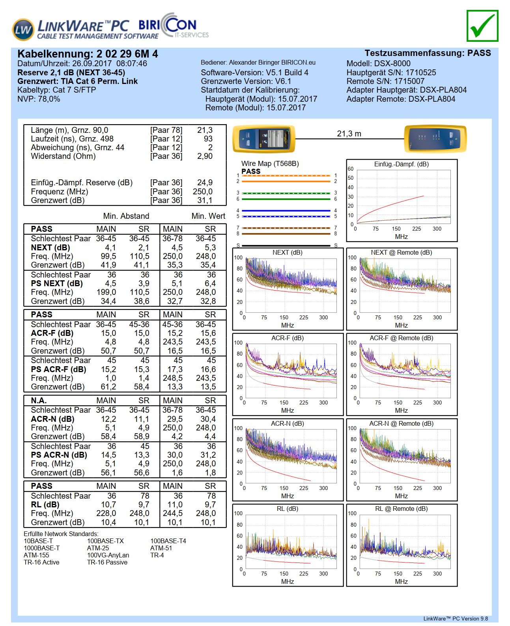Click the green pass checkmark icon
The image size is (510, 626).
(482, 26)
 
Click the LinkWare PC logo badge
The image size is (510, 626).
(23, 30)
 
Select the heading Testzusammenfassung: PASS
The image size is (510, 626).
(428, 53)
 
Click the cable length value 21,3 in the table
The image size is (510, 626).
(205, 130)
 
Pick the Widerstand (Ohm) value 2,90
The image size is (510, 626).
(205, 156)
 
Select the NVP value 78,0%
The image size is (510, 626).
(49, 99)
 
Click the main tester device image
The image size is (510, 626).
(264, 139)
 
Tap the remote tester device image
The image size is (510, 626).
(435, 139)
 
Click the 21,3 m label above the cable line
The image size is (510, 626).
(349, 134)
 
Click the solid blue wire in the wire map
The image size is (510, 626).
(286, 211)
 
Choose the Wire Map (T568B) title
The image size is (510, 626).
(270, 164)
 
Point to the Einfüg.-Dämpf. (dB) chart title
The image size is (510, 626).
(401, 164)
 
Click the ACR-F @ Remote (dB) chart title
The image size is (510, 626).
(401, 338)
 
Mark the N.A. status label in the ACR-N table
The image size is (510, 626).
(39, 401)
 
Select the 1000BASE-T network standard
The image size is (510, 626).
(42, 548)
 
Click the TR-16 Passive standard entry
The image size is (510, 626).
(107, 562)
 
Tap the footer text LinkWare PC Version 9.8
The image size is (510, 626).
(456, 619)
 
